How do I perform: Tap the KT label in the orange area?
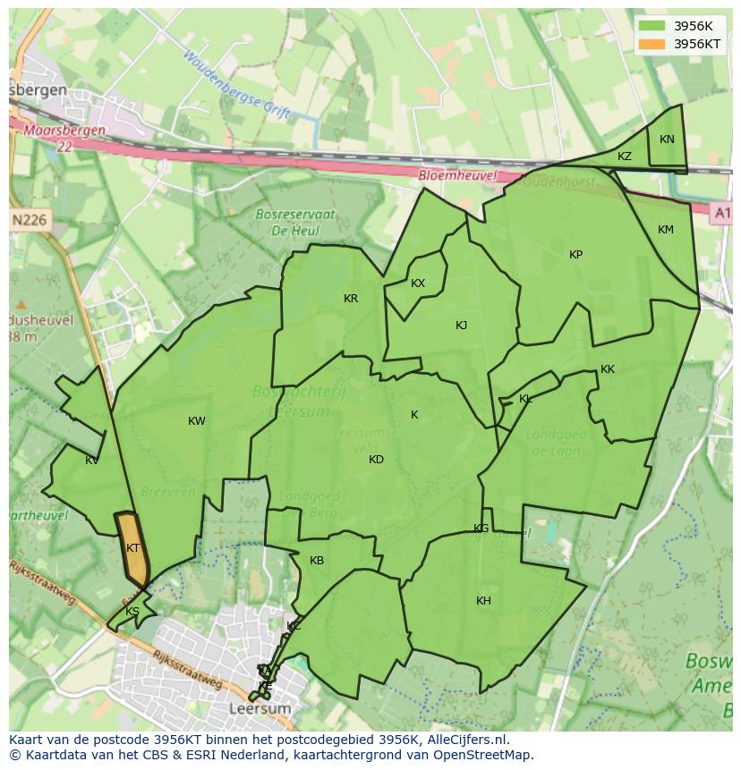pyautogui.click(x=132, y=548)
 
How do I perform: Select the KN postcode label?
pyautogui.click(x=667, y=140)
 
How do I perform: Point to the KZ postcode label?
pyautogui.click(x=625, y=157)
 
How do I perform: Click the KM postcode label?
pyautogui.click(x=665, y=230)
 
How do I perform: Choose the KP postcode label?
pyautogui.click(x=575, y=255)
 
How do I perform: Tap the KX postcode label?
pyautogui.click(x=418, y=283)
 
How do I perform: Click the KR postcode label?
pyautogui.click(x=351, y=299)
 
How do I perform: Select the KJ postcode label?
pyautogui.click(x=461, y=326)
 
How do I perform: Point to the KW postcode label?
pyautogui.click(x=197, y=421)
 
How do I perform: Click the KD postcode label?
pyautogui.click(x=376, y=460)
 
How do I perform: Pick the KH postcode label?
pyautogui.click(x=483, y=601)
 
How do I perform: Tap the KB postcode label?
pyautogui.click(x=317, y=561)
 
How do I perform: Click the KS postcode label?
pyautogui.click(x=132, y=612)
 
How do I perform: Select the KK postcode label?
pyautogui.click(x=608, y=369)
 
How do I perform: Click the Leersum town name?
pyautogui.click(x=260, y=708)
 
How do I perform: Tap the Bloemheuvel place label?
pyautogui.click(x=457, y=176)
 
